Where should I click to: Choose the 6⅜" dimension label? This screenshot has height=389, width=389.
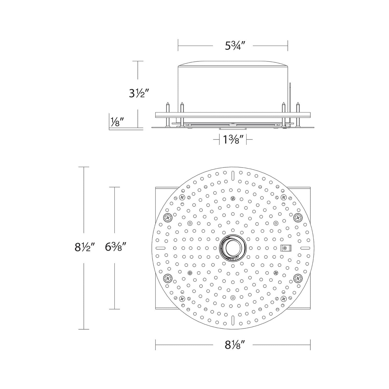point(115,247)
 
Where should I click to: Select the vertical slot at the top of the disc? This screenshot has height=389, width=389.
point(233,176)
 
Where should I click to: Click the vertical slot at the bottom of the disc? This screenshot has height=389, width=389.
point(233,319)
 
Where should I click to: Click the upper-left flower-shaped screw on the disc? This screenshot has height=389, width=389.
point(168,217)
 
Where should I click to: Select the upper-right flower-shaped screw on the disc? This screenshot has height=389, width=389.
point(297,217)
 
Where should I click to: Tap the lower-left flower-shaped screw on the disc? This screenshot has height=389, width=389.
point(168,278)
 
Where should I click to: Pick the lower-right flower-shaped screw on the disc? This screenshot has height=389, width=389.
point(297,278)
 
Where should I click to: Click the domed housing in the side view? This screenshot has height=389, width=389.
point(233,86)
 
